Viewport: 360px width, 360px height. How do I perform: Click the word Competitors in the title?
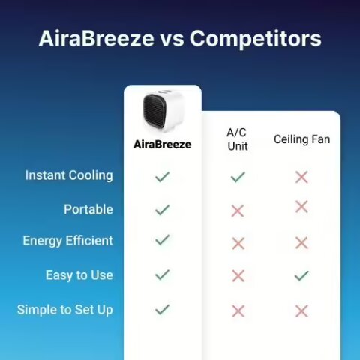pos(256,39)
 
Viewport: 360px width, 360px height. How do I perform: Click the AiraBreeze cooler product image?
pos(162,113)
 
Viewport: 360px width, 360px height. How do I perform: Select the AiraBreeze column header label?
pos(162,144)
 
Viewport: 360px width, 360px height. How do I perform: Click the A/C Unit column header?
pos(238,139)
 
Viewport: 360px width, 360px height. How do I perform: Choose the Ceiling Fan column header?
pos(301,139)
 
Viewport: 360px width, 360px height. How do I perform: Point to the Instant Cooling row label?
pos(69,175)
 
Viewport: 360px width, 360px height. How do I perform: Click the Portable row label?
pos(88,210)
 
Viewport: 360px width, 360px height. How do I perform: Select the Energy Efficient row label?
pos(67,241)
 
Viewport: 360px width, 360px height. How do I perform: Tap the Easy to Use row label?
pos(79,275)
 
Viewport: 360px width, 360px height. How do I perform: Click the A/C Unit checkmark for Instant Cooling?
pos(238,177)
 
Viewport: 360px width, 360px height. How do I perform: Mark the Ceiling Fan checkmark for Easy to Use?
pos(301,275)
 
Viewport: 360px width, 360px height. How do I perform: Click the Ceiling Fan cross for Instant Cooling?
pos(301,177)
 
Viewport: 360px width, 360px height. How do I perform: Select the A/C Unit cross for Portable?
pos(238,211)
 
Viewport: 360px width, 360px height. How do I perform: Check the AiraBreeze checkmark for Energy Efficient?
pos(162,240)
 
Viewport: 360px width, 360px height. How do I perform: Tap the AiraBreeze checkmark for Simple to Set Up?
pos(162,309)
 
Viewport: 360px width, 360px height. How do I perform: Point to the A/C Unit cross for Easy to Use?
pos(238,276)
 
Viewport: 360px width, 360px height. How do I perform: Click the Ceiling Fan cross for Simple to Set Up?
pos(301,310)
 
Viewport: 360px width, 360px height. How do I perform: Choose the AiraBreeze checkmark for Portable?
pos(162,210)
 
